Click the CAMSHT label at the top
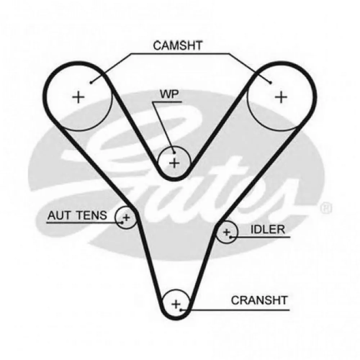[178, 46]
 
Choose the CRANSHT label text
[259, 300]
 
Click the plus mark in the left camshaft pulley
[78, 97]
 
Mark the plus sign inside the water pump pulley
[174, 163]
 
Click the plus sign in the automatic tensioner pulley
[126, 217]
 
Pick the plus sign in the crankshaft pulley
[175, 305]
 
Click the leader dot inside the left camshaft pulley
[91, 83]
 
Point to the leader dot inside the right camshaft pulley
[270, 83]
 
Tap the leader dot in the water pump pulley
[174, 152]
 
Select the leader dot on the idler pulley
[230, 237]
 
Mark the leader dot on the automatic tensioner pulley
[122, 222]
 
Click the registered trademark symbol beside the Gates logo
[326, 208]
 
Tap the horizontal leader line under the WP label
[167, 102]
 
